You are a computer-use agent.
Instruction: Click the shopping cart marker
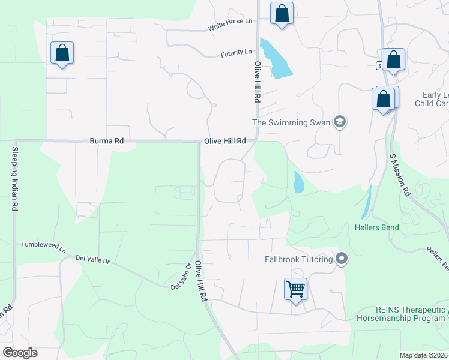(x=295, y=289)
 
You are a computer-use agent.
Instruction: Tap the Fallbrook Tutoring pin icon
(x=342, y=259)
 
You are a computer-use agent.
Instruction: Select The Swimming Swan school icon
(x=340, y=122)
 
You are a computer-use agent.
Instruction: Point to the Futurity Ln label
(x=236, y=53)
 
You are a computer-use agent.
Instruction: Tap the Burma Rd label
(x=106, y=141)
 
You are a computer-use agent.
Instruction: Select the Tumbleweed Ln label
(x=43, y=245)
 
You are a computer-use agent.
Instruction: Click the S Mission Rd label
(x=399, y=175)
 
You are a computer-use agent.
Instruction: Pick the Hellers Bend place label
(x=376, y=228)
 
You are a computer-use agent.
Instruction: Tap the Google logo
(x=20, y=353)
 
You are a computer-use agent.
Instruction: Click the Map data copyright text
(x=424, y=355)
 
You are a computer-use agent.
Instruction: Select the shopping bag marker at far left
(x=62, y=53)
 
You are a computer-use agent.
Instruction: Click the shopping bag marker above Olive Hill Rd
(x=282, y=13)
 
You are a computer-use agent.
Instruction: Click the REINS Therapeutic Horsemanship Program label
(x=402, y=314)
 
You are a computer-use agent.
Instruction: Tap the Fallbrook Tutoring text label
(x=299, y=259)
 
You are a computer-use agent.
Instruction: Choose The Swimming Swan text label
(x=291, y=122)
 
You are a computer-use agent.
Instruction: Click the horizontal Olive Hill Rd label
(x=225, y=141)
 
